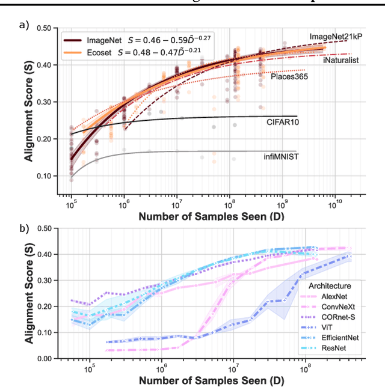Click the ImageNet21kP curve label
click(339, 37)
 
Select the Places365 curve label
click(290, 76)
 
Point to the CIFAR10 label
click(283, 121)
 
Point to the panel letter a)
click(23, 25)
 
